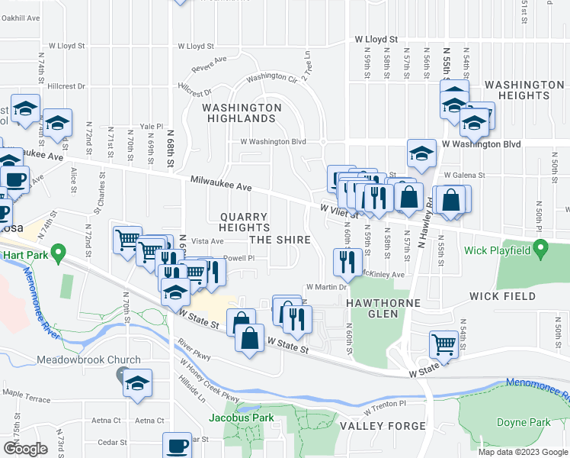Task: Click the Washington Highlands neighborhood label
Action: click(242, 113)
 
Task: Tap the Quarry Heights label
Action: click(244, 222)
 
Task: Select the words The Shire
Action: click(280, 240)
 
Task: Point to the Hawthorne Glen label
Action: click(373, 308)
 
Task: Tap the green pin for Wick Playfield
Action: click(540, 249)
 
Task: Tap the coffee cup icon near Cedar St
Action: click(178, 445)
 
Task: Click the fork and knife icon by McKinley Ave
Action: click(347, 262)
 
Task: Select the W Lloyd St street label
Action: click(376, 38)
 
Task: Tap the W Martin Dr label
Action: click(326, 287)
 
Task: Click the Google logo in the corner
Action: click(25, 449)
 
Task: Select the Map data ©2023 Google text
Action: click(522, 451)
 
